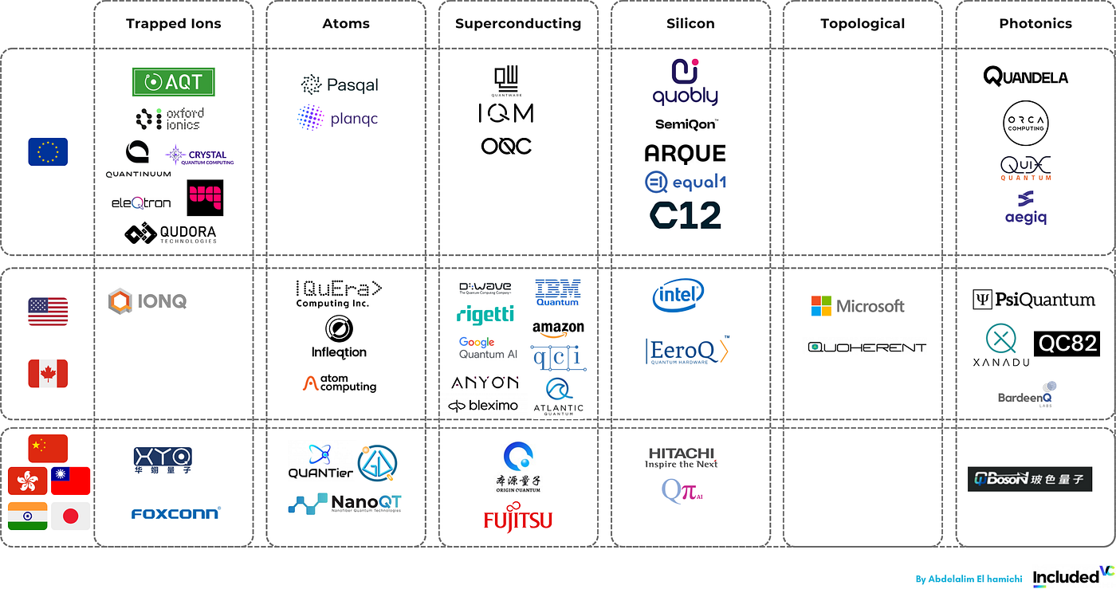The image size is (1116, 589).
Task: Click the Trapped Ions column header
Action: [173, 24]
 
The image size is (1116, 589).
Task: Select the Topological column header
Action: [863, 24]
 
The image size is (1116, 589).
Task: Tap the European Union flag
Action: [48, 151]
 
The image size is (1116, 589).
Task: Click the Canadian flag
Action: [48, 373]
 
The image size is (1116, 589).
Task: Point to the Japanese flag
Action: [70, 516]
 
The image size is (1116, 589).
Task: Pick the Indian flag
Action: [28, 516]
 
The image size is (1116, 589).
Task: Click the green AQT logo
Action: [173, 81]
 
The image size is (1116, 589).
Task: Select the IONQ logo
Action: [147, 301]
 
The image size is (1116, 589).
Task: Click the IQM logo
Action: [505, 114]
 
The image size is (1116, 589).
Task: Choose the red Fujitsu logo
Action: [517, 520]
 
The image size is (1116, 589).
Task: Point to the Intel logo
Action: [678, 296]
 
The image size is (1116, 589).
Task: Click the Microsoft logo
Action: [858, 306]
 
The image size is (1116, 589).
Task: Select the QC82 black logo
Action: [1067, 344]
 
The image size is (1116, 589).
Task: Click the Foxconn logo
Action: [175, 513]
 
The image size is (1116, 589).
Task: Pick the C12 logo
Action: [686, 215]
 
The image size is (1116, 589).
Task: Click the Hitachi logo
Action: [682, 457]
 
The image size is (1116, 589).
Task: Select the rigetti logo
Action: [485, 314]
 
